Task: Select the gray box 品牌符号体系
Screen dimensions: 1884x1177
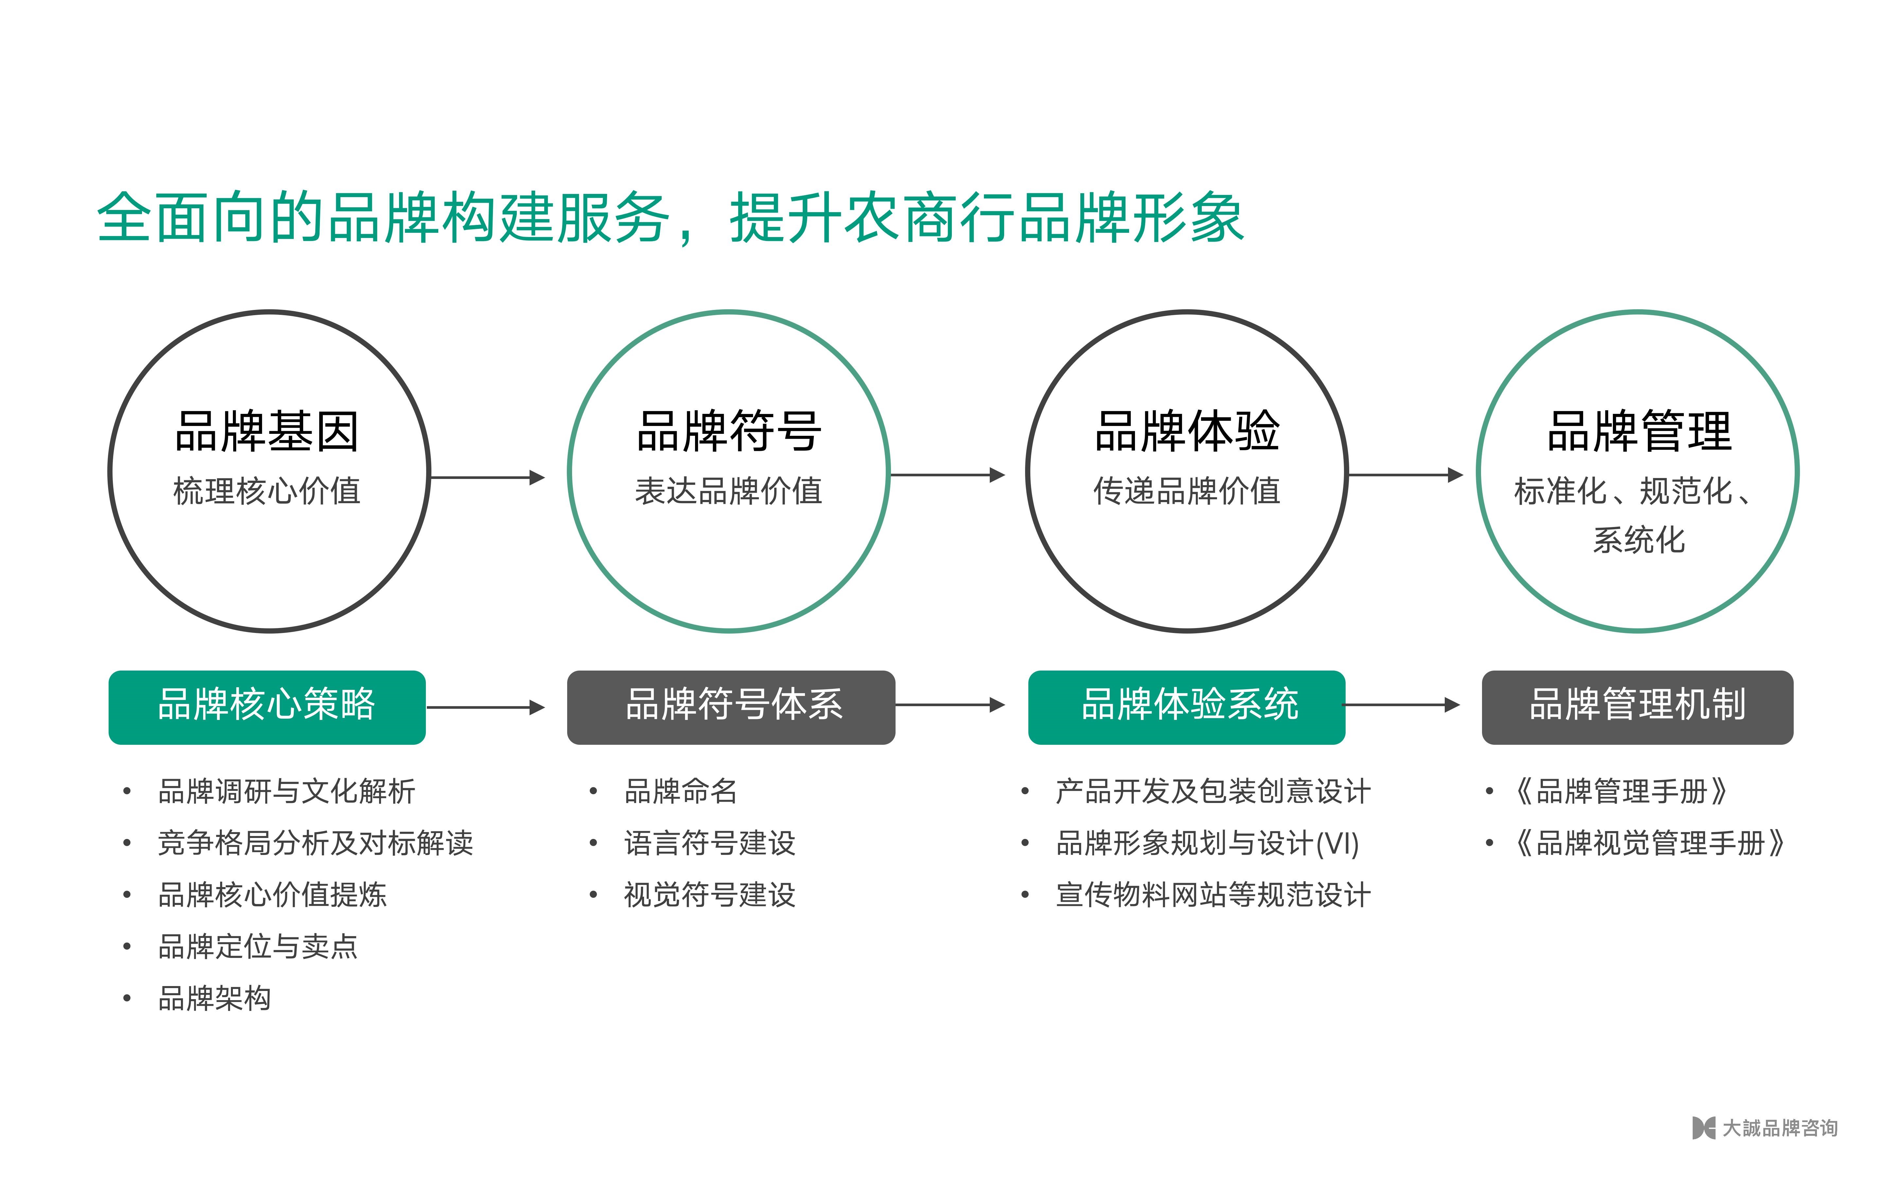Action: click(731, 707)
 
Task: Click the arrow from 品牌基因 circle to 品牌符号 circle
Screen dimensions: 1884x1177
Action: click(487, 477)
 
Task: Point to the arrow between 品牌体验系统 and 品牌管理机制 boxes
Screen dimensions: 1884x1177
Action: click(1403, 705)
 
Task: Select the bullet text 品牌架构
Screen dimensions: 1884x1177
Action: click(214, 998)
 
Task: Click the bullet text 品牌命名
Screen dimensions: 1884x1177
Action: click(680, 791)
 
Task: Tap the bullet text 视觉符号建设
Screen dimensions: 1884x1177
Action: click(709, 895)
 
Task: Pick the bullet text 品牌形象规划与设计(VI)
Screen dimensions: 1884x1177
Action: click(1208, 843)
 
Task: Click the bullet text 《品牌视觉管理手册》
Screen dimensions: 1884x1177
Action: click(1649, 843)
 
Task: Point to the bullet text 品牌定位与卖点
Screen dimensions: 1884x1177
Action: click(258, 947)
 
